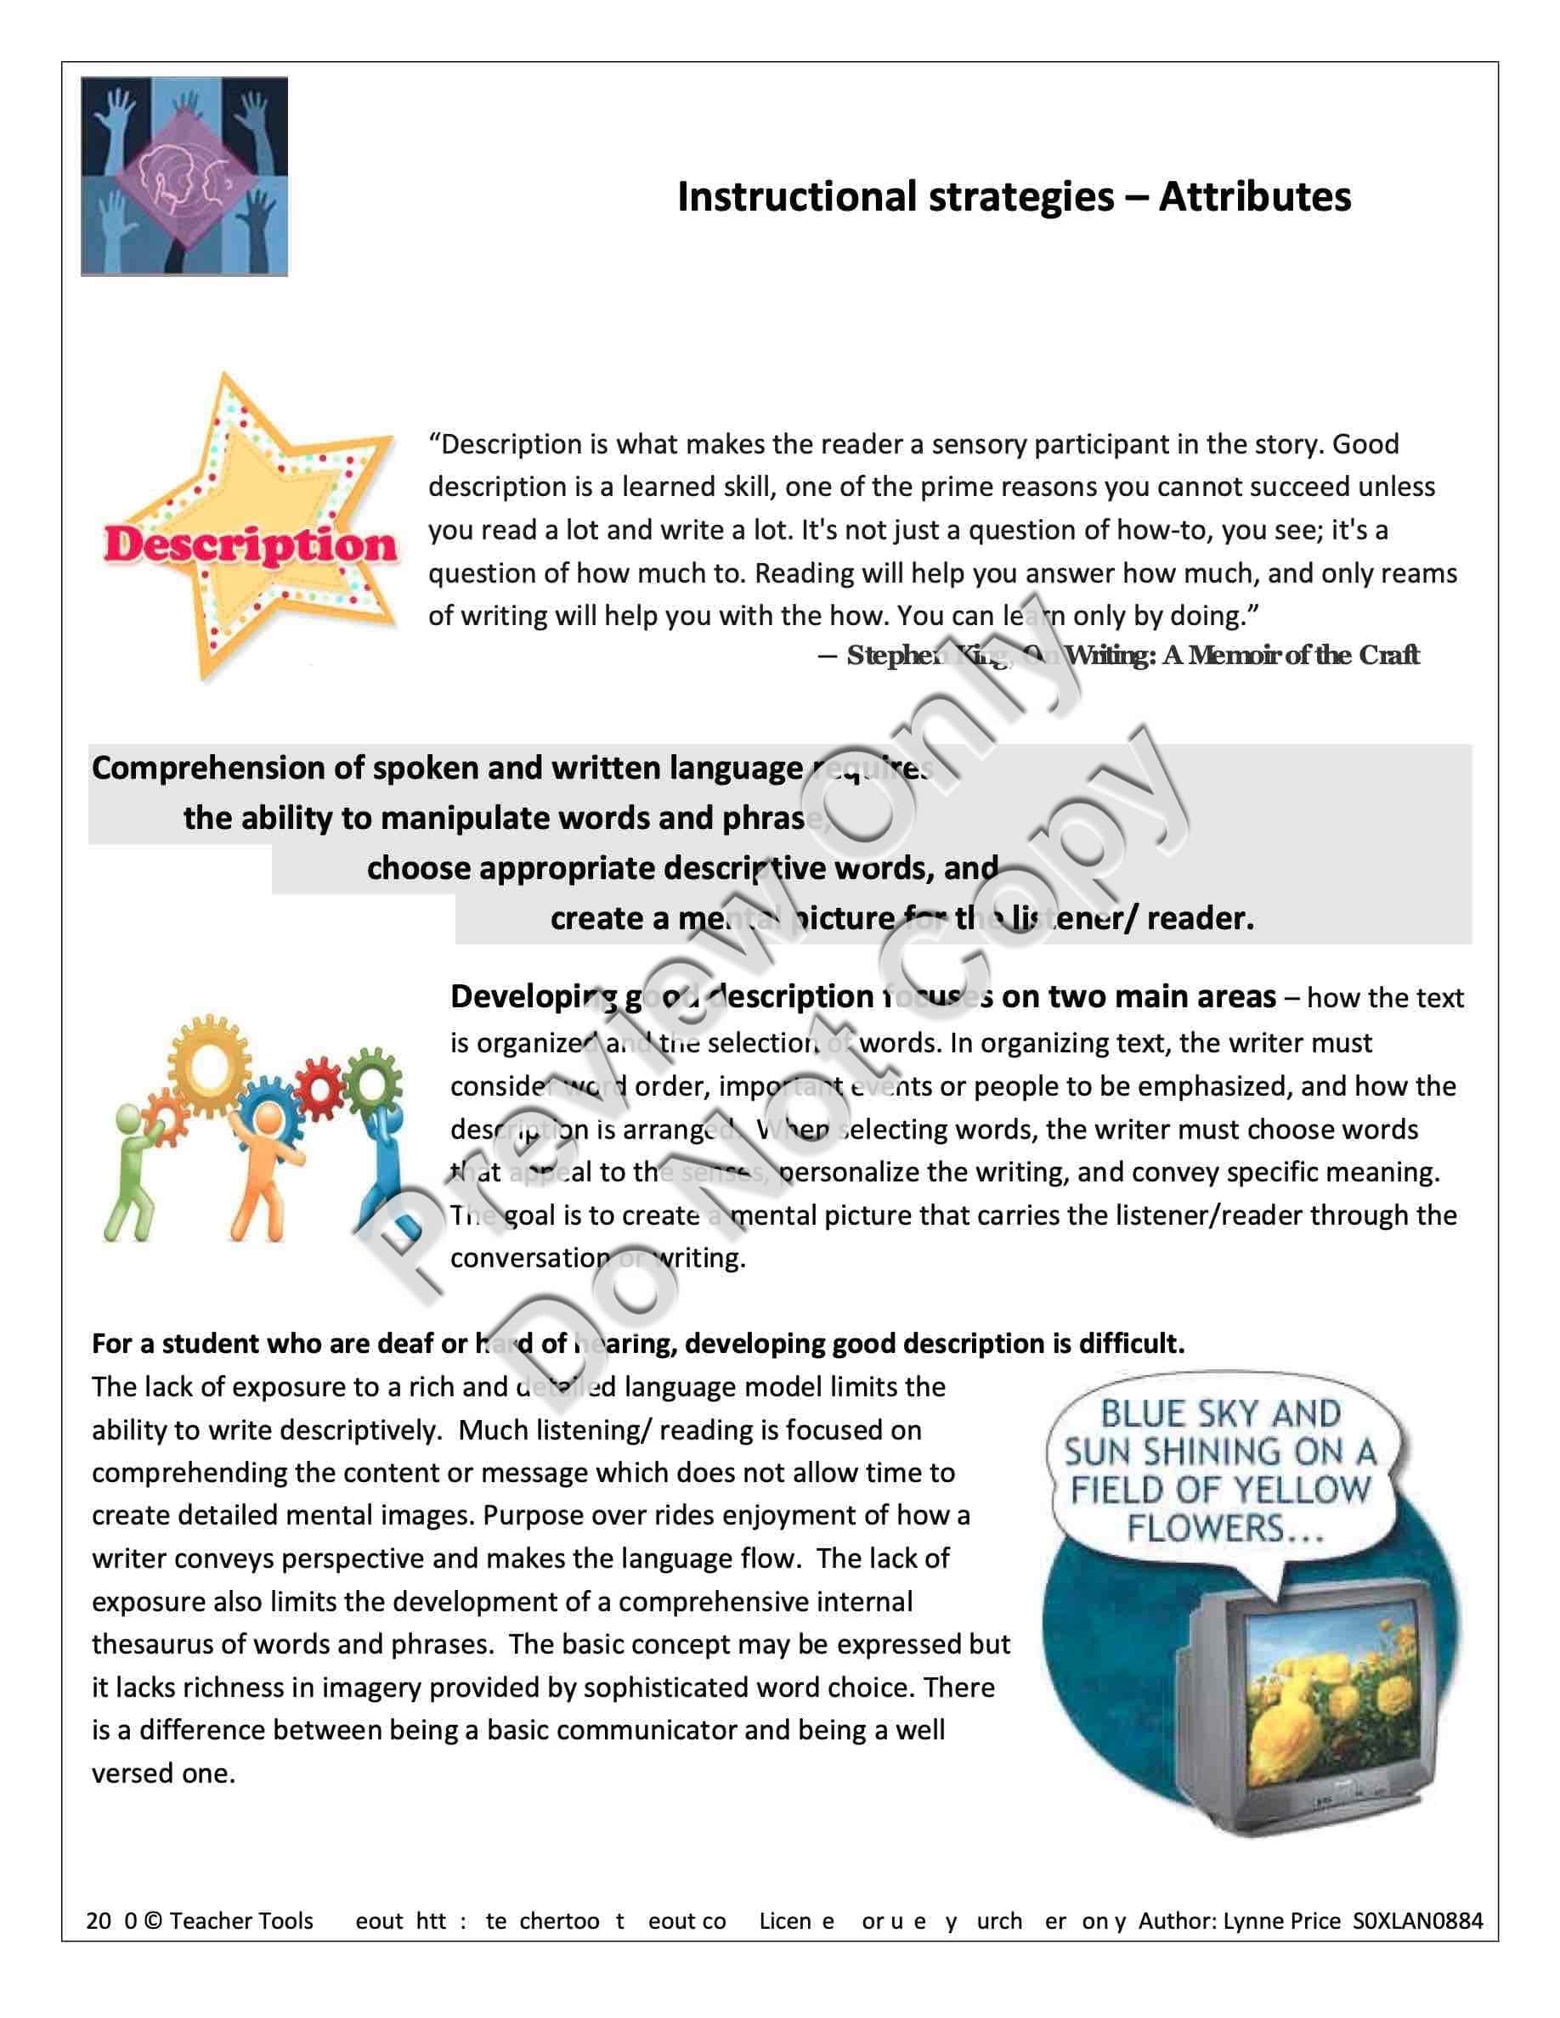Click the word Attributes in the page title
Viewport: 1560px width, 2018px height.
pyautogui.click(x=1254, y=197)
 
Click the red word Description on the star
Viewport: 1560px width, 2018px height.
pyautogui.click(x=250, y=545)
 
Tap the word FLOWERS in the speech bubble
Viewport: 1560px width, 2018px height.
pyautogui.click(x=1204, y=1527)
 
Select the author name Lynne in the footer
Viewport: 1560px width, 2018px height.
pyautogui.click(x=1252, y=1921)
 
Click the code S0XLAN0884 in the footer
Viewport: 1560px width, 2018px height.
pyautogui.click(x=1417, y=1921)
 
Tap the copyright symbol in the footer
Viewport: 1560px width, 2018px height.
pyautogui.click(x=154, y=1921)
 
